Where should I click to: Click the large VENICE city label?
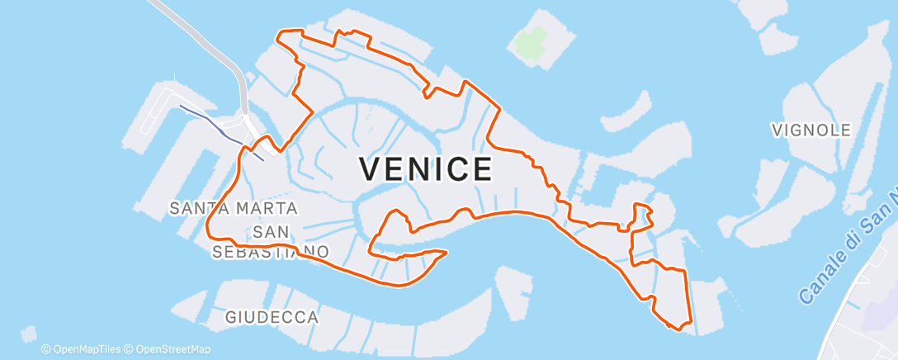[427, 169]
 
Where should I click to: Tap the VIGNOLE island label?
[811, 130]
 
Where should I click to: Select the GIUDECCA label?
[272, 317]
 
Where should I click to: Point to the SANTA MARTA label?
[234, 208]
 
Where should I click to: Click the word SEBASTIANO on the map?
[272, 251]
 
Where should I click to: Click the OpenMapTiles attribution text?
[82, 349]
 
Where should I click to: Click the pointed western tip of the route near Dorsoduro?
[446, 252]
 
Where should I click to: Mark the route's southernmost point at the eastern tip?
[678, 329]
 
